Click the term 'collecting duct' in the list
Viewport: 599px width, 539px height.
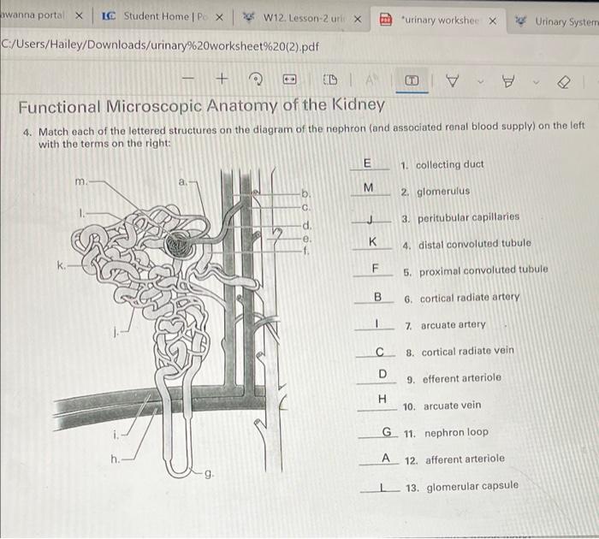pos(449,164)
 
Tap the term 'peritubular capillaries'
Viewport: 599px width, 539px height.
pos(468,217)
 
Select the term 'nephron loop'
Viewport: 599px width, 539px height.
pos(456,432)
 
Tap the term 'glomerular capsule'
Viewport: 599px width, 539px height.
pos(471,486)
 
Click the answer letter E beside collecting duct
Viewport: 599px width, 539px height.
pos(368,163)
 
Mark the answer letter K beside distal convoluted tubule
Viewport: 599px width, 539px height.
pos(372,242)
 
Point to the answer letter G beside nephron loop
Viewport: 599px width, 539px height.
pos(387,431)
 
